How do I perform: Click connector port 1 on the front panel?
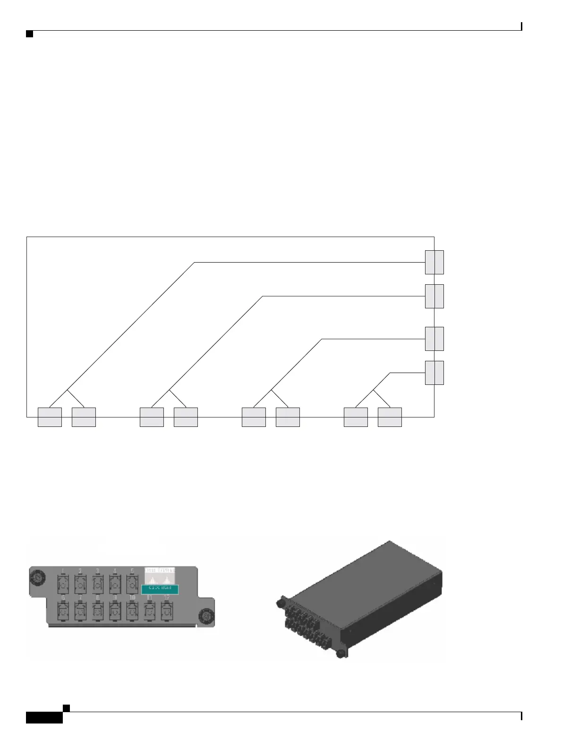click(x=63, y=584)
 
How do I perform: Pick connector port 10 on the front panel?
click(x=132, y=612)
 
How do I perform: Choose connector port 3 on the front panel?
click(x=97, y=584)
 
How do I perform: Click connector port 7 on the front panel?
click(x=80, y=612)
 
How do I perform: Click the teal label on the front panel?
click(x=160, y=588)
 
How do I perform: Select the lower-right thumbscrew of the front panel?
click(x=205, y=616)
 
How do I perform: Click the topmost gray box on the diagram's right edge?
click(x=434, y=262)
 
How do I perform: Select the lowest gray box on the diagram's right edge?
click(x=434, y=373)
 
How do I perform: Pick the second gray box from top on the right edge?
click(x=434, y=296)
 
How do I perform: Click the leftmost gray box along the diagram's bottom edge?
click(x=50, y=417)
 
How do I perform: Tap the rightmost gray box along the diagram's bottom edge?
click(x=390, y=417)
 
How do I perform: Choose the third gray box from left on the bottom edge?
click(x=152, y=417)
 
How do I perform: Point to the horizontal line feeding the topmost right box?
click(x=309, y=262)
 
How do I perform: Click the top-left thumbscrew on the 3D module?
click(x=280, y=603)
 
